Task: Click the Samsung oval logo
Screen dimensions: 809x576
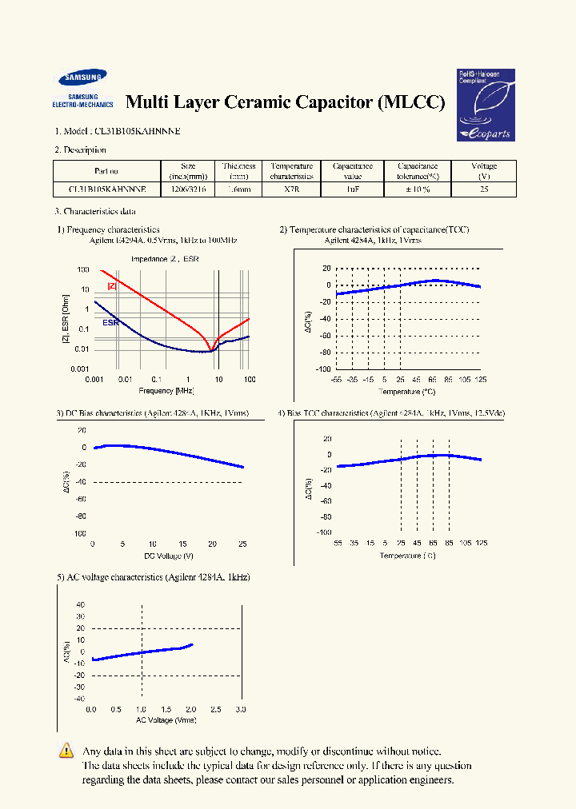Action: coord(82,78)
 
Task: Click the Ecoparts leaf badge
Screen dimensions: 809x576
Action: coord(486,105)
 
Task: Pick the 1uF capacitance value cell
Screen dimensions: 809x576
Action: coord(352,190)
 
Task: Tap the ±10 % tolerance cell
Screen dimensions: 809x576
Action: coord(418,190)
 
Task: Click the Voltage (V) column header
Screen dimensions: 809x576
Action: coord(484,171)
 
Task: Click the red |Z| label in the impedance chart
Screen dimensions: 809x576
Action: coord(112,285)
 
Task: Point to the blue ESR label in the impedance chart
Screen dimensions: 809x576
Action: coord(110,322)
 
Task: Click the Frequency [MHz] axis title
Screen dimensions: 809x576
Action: coord(166,390)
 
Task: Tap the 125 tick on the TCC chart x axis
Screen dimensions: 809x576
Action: coord(481,379)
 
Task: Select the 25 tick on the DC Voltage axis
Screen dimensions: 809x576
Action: coord(242,544)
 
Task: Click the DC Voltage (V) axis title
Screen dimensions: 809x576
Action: coord(168,556)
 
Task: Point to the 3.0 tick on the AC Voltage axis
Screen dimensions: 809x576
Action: coord(241,710)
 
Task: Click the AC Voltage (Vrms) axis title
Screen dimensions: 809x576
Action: coord(166,721)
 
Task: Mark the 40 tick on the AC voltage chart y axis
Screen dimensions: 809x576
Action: coord(80,605)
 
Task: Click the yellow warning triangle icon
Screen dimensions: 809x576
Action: coord(66,751)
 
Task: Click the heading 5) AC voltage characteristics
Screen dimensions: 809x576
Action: coord(153,577)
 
